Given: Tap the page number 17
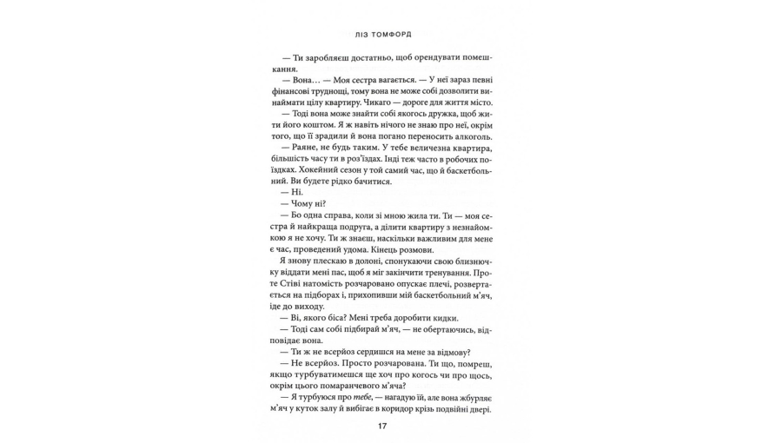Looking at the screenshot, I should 381,426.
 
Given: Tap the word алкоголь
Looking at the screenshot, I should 469,136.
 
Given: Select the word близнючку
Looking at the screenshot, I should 465,261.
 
